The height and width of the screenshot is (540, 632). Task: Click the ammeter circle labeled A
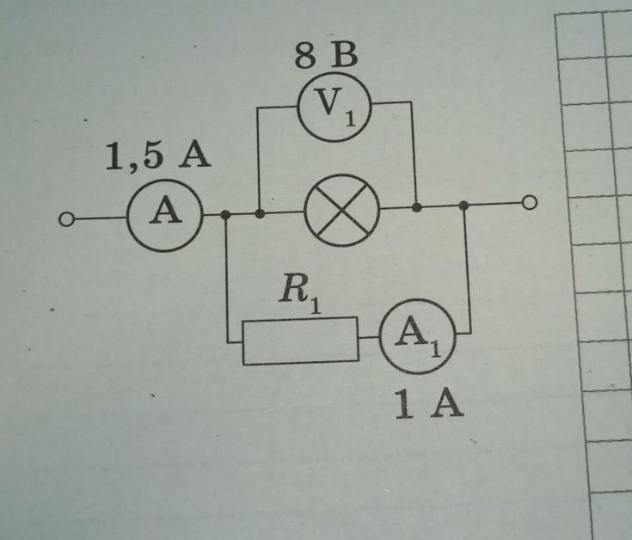(x=164, y=214)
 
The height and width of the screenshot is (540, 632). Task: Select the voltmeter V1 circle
(x=333, y=107)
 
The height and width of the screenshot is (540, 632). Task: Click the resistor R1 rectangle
(x=299, y=341)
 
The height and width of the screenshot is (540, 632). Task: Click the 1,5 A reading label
(x=156, y=159)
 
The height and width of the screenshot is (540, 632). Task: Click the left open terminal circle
(x=66, y=220)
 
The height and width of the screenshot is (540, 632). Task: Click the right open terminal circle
(x=531, y=203)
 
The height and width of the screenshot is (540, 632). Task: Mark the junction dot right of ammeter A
(x=225, y=213)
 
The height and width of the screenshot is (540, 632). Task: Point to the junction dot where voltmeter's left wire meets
(x=260, y=212)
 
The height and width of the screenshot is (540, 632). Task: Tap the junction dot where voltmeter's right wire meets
(x=416, y=207)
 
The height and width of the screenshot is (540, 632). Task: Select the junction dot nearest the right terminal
(x=463, y=206)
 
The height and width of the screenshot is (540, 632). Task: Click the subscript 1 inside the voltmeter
(x=349, y=116)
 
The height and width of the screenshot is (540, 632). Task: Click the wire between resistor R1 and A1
(x=370, y=339)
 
